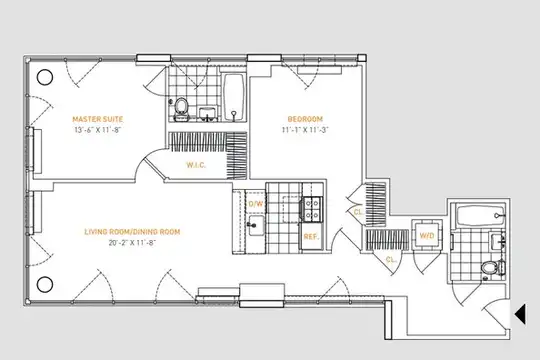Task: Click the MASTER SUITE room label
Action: point(97,119)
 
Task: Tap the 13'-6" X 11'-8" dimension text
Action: point(97,130)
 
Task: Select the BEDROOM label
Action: point(305,119)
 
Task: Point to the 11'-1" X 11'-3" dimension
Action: point(305,130)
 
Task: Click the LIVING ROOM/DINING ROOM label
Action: point(132,232)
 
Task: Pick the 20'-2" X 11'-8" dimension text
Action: point(132,243)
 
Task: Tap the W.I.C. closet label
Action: point(196,165)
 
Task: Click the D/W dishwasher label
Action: point(256,204)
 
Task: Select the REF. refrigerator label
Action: point(311,237)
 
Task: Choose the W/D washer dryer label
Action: point(427,236)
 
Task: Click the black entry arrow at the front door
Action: point(520,314)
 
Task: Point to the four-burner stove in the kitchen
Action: point(312,209)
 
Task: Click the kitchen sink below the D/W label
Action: point(256,226)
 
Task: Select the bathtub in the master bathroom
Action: point(234,97)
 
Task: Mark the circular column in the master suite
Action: point(45,77)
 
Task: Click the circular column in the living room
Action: point(45,285)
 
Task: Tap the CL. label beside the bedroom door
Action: point(359,212)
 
